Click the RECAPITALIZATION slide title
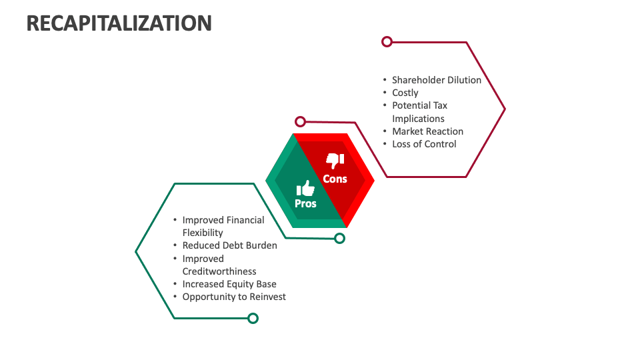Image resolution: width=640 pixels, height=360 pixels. (x=119, y=23)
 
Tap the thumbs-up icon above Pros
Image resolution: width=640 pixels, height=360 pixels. (x=305, y=188)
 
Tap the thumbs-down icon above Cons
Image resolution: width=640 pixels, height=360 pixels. (x=335, y=161)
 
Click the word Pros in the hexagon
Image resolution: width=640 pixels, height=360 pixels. (x=305, y=203)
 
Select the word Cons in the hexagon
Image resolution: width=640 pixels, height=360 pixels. (x=335, y=179)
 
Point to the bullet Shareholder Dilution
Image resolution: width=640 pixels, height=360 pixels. (x=436, y=80)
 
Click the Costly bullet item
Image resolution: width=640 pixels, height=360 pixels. (x=405, y=93)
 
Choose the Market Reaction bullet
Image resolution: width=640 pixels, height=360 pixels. (x=427, y=131)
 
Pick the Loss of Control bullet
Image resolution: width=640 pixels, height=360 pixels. (x=424, y=144)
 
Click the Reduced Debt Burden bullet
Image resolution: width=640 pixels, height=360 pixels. (x=229, y=245)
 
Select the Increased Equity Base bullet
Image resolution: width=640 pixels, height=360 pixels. (x=229, y=284)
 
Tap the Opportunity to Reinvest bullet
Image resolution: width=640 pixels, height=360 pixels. (x=234, y=297)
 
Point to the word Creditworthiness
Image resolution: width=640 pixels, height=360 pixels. (x=219, y=271)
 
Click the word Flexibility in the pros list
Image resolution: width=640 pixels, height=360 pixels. (x=203, y=233)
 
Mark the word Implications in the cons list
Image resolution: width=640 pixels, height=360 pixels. (x=418, y=119)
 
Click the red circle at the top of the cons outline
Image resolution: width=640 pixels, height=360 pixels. (x=387, y=41)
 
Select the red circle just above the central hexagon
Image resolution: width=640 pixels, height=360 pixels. (x=301, y=121)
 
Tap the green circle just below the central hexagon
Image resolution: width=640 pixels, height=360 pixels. (x=339, y=238)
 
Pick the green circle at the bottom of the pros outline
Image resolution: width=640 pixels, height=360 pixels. (x=253, y=318)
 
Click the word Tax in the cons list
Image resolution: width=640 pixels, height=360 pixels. (x=439, y=105)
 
